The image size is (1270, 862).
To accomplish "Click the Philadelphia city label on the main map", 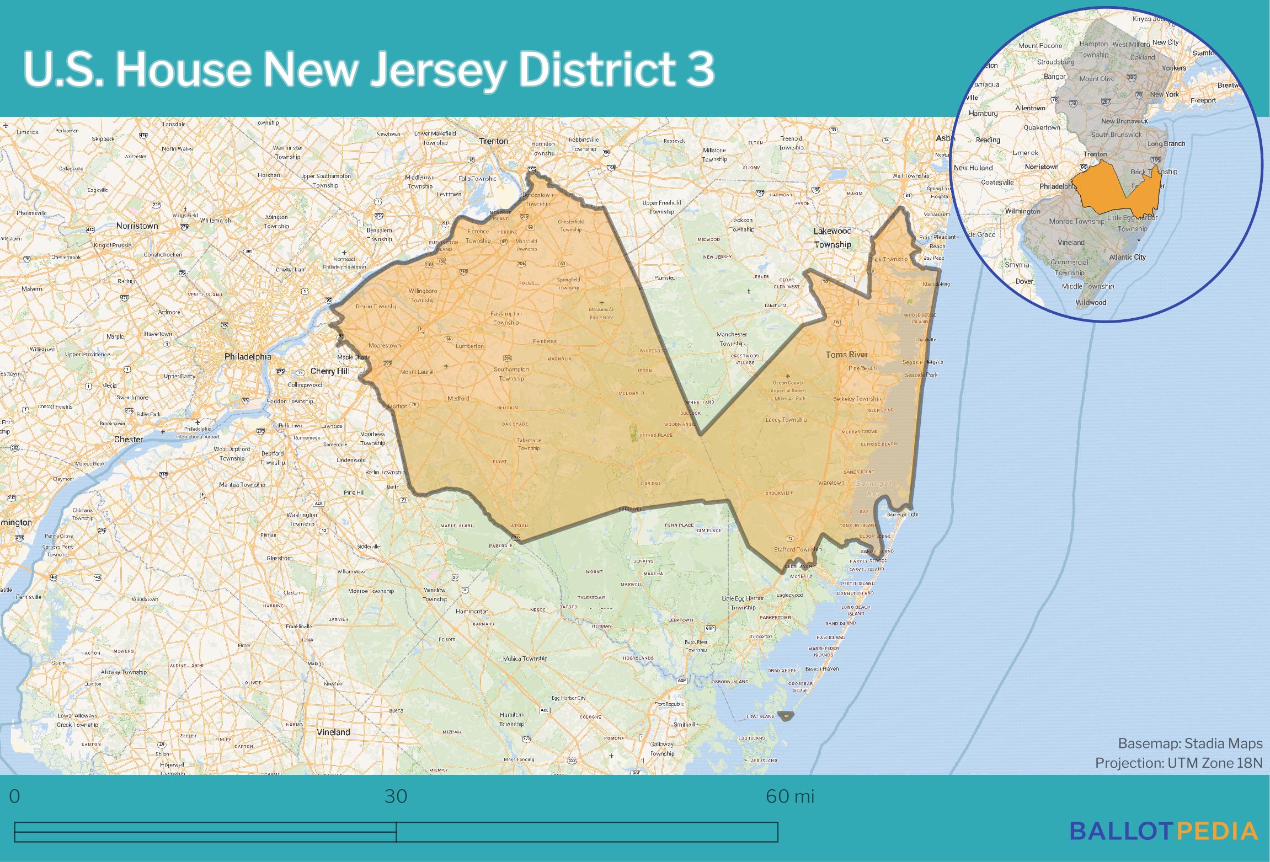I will tap(248, 357).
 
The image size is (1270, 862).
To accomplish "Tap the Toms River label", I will tap(846, 355).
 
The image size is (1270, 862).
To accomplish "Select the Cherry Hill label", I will tap(330, 371).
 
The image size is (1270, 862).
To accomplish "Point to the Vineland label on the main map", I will tap(333, 732).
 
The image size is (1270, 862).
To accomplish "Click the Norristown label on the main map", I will tap(137, 226).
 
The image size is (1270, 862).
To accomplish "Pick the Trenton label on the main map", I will tap(493, 141).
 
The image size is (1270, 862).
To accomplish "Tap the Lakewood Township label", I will tap(833, 238).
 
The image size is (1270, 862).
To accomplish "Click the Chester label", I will tap(129, 440).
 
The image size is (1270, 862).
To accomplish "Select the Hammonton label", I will tap(472, 611).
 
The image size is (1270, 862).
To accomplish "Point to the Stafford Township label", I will tap(798, 549).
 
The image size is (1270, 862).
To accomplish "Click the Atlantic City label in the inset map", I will tap(1127, 257).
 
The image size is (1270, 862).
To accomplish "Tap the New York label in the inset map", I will tap(1164, 94).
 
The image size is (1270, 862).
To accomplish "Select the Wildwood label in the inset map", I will tap(1091, 302).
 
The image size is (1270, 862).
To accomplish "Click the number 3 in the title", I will tap(700, 70).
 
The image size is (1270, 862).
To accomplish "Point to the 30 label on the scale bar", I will tap(396, 796).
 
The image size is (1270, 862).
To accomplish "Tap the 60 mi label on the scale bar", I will tap(789, 796).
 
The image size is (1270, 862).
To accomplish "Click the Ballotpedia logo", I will tap(1164, 831).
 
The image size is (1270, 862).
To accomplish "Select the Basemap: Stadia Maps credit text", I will tap(1190, 743).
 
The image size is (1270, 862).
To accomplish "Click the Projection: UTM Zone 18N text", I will tap(1178, 763).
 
